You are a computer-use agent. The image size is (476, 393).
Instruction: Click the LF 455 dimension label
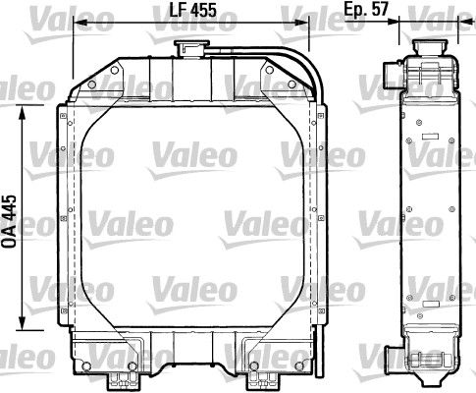[192, 10]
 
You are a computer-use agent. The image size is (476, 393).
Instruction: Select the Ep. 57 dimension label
[366, 9]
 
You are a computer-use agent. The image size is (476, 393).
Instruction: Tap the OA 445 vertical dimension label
[9, 221]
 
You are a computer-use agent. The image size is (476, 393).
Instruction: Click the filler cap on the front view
[191, 49]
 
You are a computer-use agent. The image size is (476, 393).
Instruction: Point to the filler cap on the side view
[430, 47]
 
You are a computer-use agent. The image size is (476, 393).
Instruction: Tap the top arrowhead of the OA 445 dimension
[22, 112]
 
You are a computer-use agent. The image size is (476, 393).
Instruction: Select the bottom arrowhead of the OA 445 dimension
[22, 322]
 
